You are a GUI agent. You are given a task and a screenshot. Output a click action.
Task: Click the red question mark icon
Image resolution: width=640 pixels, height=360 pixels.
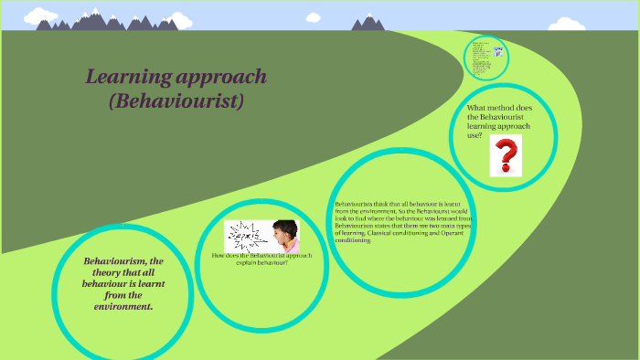505,155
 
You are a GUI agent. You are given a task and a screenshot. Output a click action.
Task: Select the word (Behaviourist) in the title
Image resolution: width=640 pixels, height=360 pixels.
176,101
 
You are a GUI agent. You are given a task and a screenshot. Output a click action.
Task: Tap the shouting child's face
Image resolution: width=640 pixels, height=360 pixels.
286,235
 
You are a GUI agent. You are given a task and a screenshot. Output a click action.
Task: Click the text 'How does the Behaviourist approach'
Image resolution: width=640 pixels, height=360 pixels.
261,256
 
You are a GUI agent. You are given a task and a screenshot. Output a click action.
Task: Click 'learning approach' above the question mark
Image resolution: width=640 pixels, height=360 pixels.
505,126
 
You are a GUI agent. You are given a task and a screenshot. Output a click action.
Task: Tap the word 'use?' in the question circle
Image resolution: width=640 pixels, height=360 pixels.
476,135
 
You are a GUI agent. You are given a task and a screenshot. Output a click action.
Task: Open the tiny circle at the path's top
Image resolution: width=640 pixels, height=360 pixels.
485,57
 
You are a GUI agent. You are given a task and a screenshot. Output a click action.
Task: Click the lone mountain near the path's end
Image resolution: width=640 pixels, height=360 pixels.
369,22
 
